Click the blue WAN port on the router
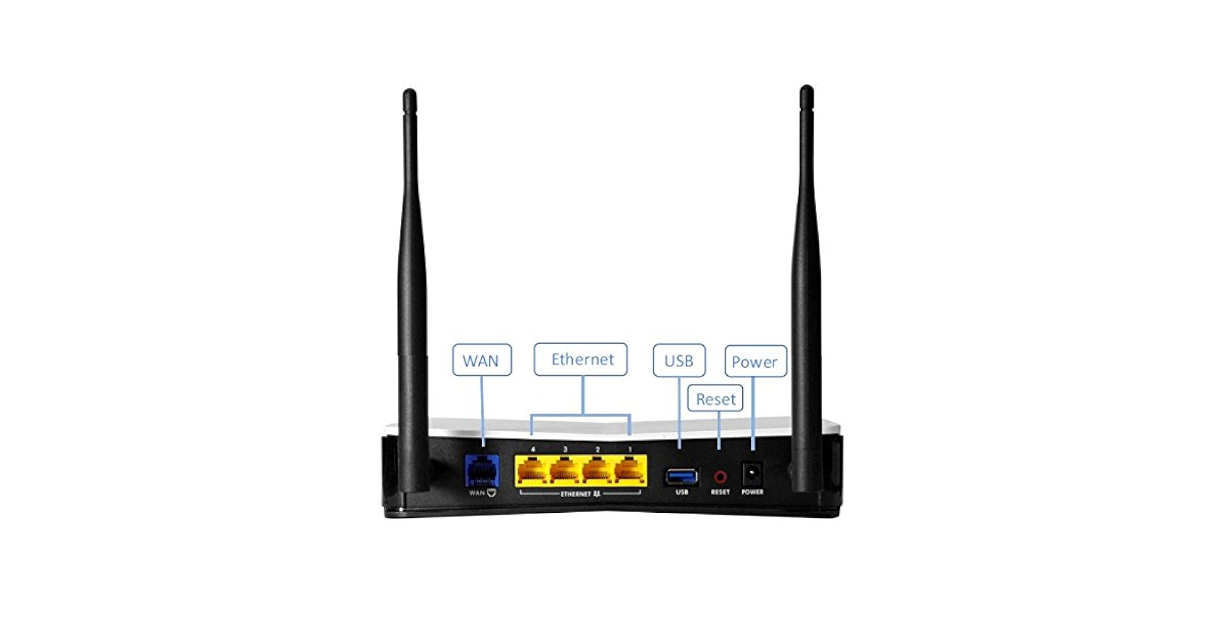482,471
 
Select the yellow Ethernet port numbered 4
532,472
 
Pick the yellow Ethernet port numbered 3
565,472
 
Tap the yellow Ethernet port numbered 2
597,472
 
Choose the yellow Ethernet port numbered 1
630,472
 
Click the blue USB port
681,476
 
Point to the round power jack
753,475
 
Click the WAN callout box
482,360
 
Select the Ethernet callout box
580,359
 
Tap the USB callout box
679,361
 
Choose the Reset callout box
715,399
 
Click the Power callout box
755,361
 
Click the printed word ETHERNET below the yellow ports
575,494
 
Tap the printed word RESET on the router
720,492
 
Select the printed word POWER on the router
753,492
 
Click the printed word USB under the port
681,492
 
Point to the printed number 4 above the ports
533,449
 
